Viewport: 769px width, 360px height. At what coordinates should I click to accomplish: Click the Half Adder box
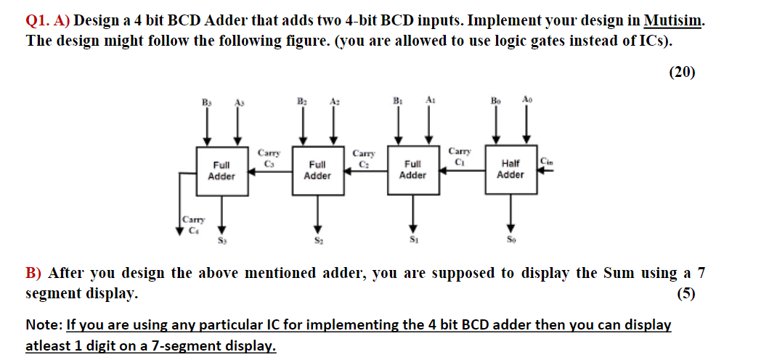coord(510,169)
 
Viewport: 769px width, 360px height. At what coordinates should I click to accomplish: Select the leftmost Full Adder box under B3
coord(221,171)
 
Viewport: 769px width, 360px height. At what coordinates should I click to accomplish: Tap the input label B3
coord(206,103)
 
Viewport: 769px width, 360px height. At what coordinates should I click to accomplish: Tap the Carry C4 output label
coord(192,224)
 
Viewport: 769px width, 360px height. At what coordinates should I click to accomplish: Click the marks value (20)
coord(680,71)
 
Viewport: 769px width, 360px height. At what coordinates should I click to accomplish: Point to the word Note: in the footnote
coord(44,324)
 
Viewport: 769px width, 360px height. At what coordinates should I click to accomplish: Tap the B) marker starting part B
coord(35,274)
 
